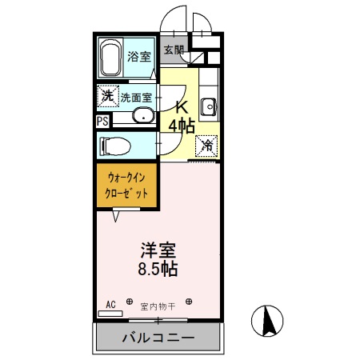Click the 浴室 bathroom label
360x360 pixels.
click(138, 57)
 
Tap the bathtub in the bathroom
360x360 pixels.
click(111, 56)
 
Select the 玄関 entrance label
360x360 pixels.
click(174, 50)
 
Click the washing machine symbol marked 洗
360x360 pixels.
click(106, 96)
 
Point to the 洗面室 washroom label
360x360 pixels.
click(136, 97)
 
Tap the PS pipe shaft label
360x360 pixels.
click(102, 121)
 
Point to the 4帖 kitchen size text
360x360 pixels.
click(182, 126)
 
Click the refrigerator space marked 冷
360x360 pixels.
click(206, 146)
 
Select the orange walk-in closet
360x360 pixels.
click(126, 186)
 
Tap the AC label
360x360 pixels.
click(110, 303)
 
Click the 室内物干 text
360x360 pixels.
click(157, 305)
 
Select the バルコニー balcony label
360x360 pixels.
click(158, 338)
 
